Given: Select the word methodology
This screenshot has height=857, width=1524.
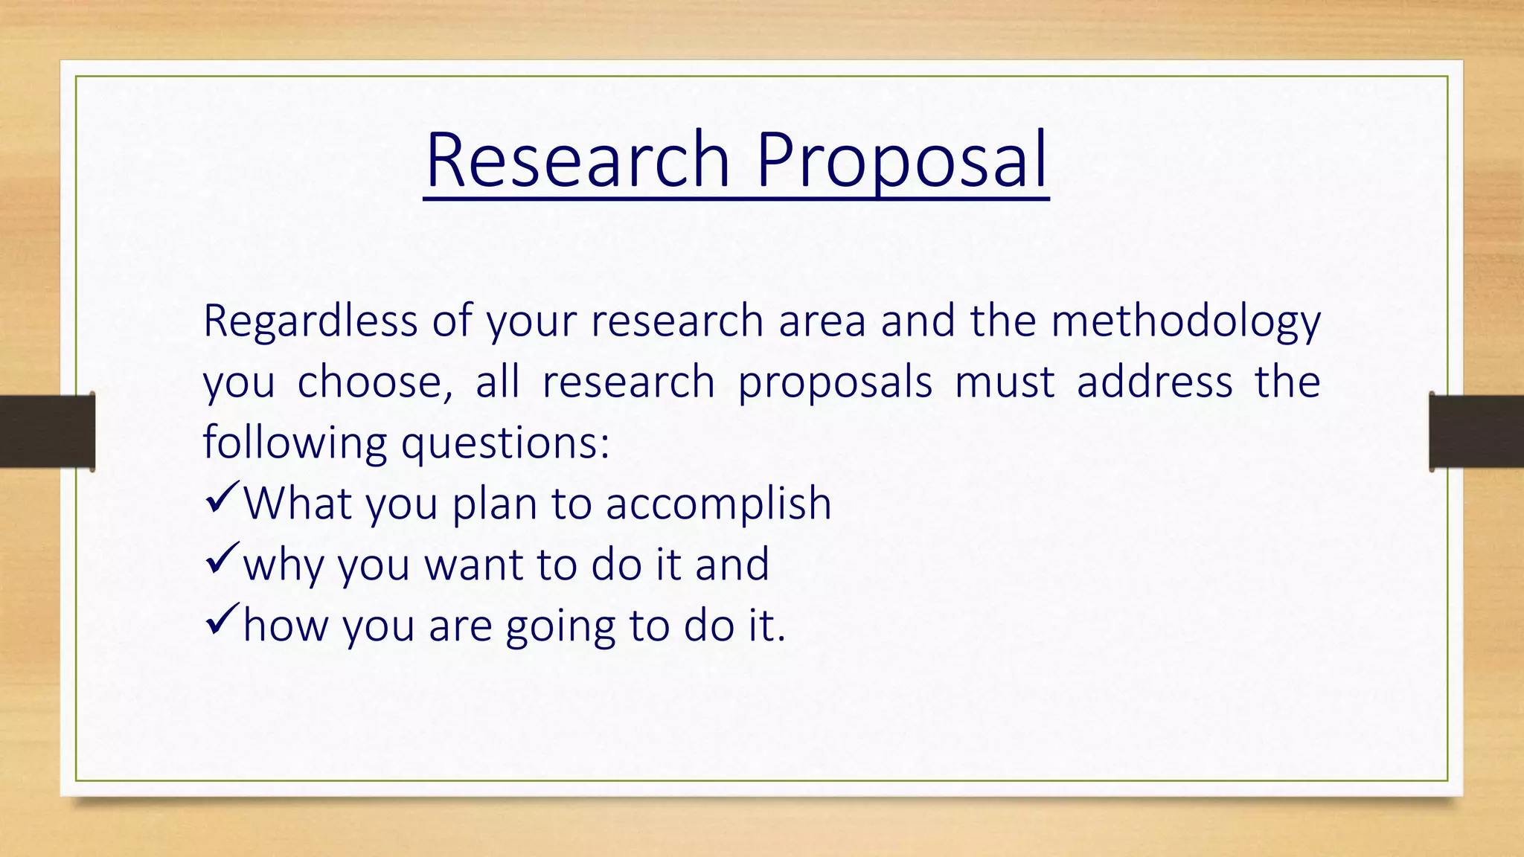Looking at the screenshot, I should click(1185, 322).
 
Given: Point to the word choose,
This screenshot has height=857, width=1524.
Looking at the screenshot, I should click(374, 382).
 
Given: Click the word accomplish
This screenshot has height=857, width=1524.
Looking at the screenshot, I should click(718, 504).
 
